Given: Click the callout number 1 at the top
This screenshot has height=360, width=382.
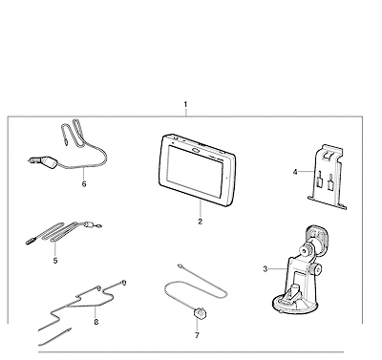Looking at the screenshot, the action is point(185,104).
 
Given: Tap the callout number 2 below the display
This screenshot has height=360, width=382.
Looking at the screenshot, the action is point(200,222).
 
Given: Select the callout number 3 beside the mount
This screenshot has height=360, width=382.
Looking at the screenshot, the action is point(265,269).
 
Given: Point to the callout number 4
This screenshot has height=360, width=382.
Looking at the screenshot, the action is point(295,172).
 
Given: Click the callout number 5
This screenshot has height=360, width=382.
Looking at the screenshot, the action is point(55,261).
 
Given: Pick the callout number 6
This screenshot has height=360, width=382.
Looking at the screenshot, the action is point(84,184).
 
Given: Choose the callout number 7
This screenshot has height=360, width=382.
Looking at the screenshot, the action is point(197,335).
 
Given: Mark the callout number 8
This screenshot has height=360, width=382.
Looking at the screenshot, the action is point(96,322).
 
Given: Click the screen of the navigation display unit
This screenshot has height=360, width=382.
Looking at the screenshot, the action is point(196,171).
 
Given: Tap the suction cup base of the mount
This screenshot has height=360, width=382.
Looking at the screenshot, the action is point(294,305).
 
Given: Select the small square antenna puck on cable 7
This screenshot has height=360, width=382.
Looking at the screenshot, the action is point(199,313).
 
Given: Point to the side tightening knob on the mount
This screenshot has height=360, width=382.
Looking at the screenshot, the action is point(317,269).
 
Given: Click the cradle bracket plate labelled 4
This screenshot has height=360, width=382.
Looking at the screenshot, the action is point(328,179).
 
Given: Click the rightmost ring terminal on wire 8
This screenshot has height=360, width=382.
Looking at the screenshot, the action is point(124,283).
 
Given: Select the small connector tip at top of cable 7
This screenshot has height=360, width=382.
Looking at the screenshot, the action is point(180,265).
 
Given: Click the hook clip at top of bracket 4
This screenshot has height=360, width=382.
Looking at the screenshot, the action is point(327,155).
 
